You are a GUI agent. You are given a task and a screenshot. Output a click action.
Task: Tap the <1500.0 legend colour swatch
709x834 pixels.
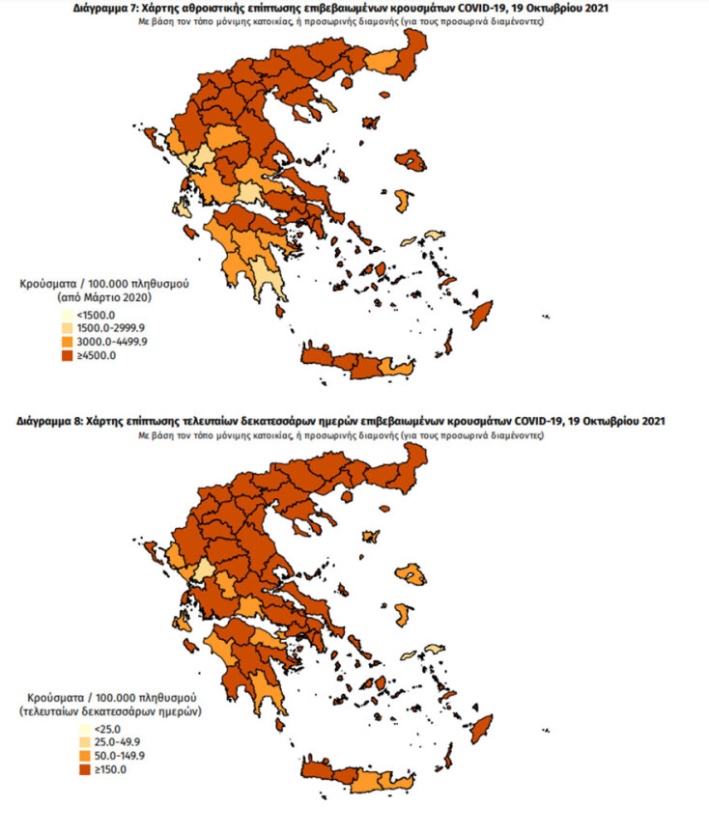point(67,316)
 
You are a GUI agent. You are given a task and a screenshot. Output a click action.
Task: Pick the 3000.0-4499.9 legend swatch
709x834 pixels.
point(67,343)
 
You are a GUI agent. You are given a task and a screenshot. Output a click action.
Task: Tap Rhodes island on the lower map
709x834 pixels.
point(482,728)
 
